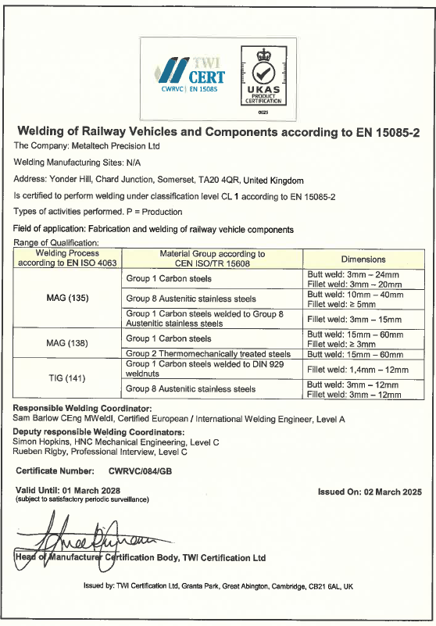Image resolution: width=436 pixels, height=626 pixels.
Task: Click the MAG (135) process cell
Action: point(69,298)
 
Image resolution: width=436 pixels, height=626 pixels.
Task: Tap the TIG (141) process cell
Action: point(69,377)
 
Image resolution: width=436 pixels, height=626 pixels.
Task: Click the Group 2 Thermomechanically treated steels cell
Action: point(208,354)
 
